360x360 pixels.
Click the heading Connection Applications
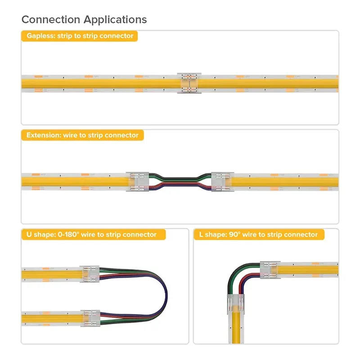coord(84,19)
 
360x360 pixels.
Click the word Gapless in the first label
coord(40,36)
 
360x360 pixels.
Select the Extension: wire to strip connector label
coord(82,135)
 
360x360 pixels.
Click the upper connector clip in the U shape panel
coord(90,274)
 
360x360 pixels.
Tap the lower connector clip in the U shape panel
coord(90,317)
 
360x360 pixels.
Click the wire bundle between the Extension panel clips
coord(180,181)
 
